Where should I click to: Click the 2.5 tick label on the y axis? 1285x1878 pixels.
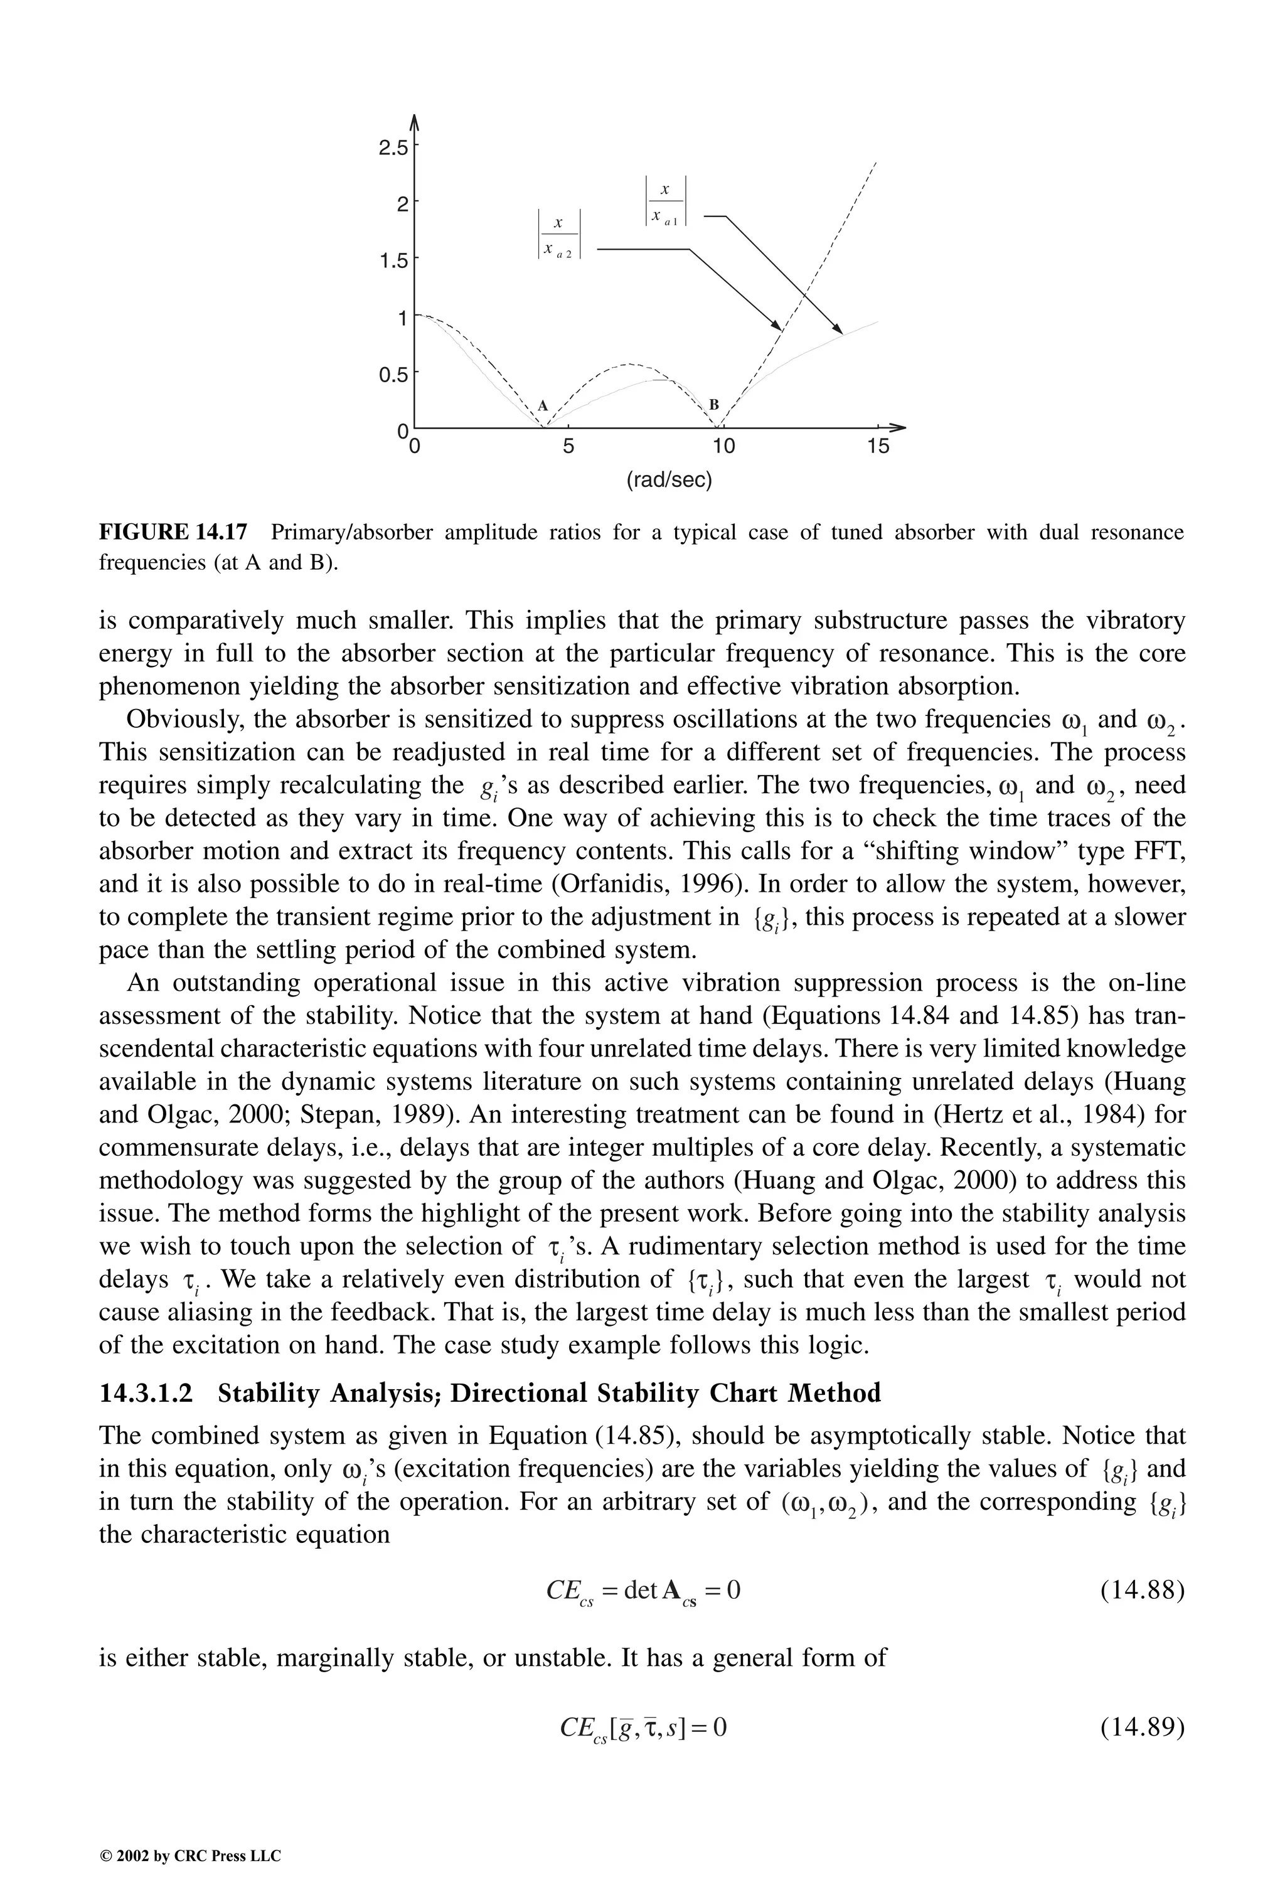coord(395,148)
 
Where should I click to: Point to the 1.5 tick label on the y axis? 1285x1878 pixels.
coord(395,261)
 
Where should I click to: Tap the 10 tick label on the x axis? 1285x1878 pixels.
coord(723,446)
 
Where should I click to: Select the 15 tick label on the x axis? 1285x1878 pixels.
coord(878,446)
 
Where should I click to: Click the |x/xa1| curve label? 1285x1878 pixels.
coord(665,202)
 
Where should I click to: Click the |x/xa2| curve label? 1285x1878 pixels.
coord(558,234)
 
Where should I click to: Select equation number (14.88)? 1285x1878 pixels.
coord(1142,1591)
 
